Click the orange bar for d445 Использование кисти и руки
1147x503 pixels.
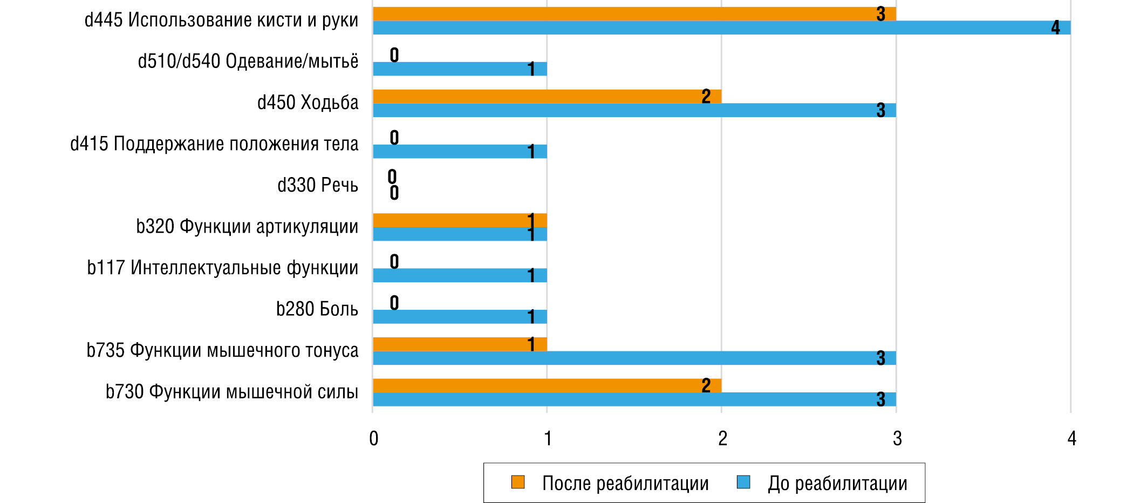tap(634, 14)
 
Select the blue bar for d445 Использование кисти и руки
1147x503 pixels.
tap(721, 28)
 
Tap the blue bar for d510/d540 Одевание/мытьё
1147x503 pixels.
tap(460, 69)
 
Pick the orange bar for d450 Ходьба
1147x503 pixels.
tap(547, 97)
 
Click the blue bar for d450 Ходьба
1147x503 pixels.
tap(634, 111)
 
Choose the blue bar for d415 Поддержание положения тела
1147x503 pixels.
tap(460, 152)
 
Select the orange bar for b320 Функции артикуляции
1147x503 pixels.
tap(460, 220)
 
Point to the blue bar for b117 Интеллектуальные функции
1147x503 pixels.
tap(460, 276)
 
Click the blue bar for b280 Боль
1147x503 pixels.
tap(460, 317)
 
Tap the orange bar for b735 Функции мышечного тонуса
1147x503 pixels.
tap(460, 344)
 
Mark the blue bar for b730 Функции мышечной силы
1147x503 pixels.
tap(634, 399)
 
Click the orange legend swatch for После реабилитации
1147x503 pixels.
tap(518, 482)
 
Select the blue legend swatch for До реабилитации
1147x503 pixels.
tap(743, 482)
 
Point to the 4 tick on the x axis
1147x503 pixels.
tap(1071, 438)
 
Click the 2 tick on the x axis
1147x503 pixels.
tap(722, 438)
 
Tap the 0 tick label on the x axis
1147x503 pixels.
tap(373, 438)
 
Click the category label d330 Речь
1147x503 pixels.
tap(318, 185)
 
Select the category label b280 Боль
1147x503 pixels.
tap(317, 309)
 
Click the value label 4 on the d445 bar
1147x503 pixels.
tap(1055, 28)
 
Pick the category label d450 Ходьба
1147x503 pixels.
tap(308, 103)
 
